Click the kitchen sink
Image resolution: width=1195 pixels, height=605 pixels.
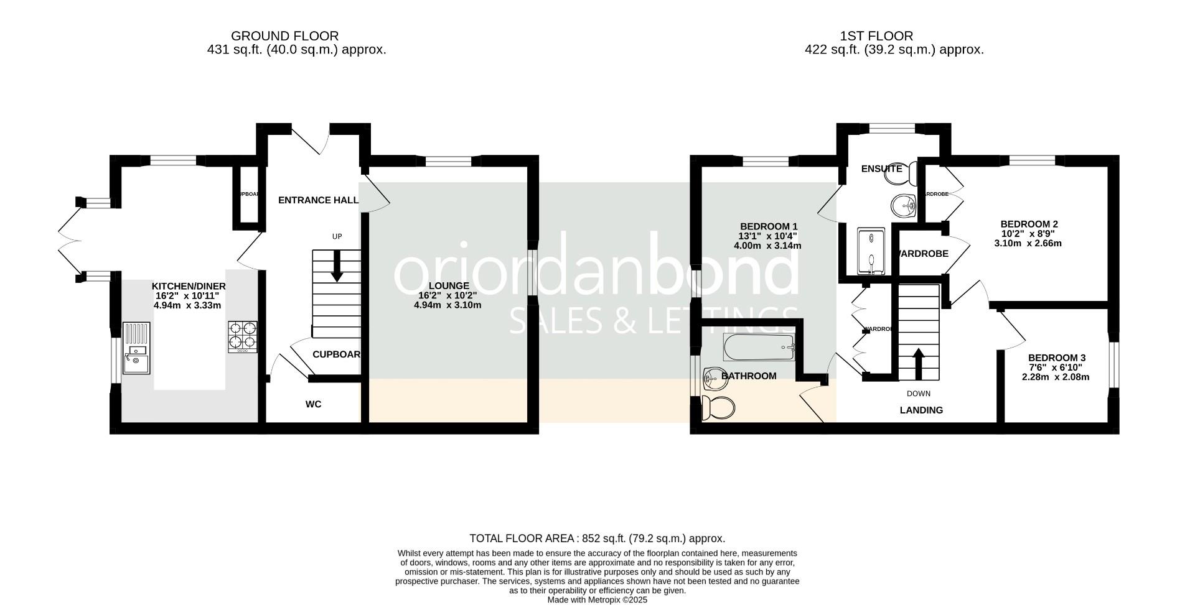click(136, 348)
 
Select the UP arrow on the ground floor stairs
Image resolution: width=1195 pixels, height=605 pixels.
click(337, 267)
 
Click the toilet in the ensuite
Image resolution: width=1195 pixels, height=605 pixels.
click(903, 174)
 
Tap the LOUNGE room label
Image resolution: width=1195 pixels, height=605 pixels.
click(448, 286)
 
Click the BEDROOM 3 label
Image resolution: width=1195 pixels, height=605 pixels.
click(1056, 358)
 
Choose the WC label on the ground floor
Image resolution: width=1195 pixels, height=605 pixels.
click(313, 404)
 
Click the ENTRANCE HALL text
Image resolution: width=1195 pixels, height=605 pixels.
click(318, 200)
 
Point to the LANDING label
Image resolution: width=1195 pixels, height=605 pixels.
click(921, 410)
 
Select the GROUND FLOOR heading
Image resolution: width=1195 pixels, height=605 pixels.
click(285, 36)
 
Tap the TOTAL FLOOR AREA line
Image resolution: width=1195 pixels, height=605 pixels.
click(597, 538)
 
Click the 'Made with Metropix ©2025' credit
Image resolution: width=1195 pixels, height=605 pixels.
click(597, 600)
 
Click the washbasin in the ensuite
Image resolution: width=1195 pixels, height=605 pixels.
click(902, 205)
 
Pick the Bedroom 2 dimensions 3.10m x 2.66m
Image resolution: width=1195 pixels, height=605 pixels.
click(1028, 244)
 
